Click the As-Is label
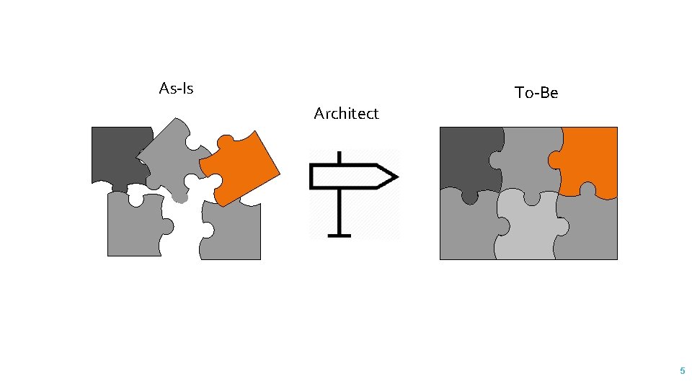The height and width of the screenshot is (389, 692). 176,89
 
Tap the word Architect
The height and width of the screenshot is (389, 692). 346,113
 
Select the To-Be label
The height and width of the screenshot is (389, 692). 536,92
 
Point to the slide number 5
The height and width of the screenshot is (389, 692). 682,371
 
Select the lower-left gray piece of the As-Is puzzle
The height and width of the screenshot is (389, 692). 133,227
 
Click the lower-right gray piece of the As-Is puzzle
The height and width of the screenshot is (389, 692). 234,234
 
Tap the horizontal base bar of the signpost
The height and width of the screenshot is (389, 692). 339,234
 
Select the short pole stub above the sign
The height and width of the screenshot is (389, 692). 339,157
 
